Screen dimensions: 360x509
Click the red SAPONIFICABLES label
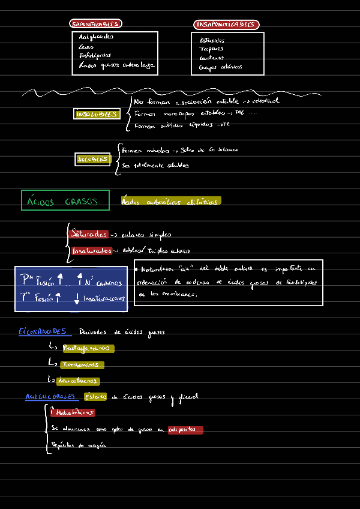(x=95, y=24)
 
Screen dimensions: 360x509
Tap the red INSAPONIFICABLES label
(x=226, y=25)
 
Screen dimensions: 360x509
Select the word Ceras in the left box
(x=86, y=47)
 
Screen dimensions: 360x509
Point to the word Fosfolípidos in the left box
(x=95, y=55)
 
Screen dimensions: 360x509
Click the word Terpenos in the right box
(x=211, y=49)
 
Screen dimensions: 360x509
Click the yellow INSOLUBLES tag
(x=96, y=114)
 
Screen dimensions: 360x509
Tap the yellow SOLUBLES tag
(x=93, y=159)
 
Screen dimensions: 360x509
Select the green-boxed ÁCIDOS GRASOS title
(x=65, y=201)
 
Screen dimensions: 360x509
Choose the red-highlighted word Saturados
(x=89, y=234)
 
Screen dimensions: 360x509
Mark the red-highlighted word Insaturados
(x=92, y=250)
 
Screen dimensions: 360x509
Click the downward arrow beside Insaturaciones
(x=77, y=297)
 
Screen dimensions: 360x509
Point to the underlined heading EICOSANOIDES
(x=44, y=331)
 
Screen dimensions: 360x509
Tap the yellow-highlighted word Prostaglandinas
(x=88, y=348)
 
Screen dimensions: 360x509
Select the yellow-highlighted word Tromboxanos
(x=82, y=365)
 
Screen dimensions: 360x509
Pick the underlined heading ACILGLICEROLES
(x=50, y=397)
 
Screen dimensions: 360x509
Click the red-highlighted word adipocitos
(x=185, y=430)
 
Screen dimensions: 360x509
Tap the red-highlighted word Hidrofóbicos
(x=73, y=413)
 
